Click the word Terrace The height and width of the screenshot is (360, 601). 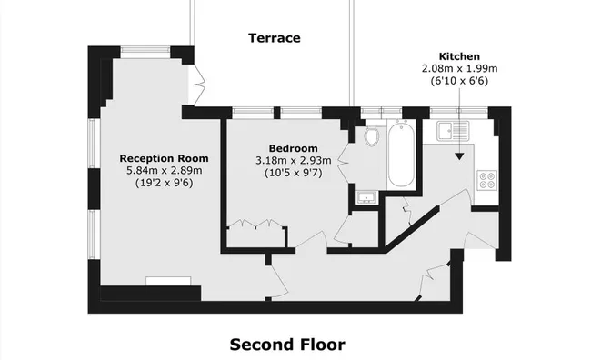[x=274, y=38]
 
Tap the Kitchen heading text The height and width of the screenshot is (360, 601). [x=458, y=55]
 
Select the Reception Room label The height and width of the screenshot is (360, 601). [x=157, y=157]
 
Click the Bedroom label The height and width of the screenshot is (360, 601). [x=293, y=148]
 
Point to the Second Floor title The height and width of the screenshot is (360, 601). [x=287, y=345]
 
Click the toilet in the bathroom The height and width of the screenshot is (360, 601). [x=369, y=136]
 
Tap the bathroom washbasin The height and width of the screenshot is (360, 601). [x=366, y=196]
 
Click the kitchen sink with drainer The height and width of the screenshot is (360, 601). [x=451, y=131]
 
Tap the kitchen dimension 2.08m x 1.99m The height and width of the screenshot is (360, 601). [x=458, y=68]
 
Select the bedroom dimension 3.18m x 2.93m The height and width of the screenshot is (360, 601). [x=293, y=161]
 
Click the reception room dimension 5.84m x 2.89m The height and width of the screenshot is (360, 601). [x=157, y=170]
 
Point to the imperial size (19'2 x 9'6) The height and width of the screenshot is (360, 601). [x=157, y=183]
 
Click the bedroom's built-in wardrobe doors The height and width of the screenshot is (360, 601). [x=255, y=225]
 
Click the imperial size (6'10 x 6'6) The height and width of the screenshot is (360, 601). [x=458, y=81]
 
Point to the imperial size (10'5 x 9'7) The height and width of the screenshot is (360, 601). [x=293, y=173]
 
